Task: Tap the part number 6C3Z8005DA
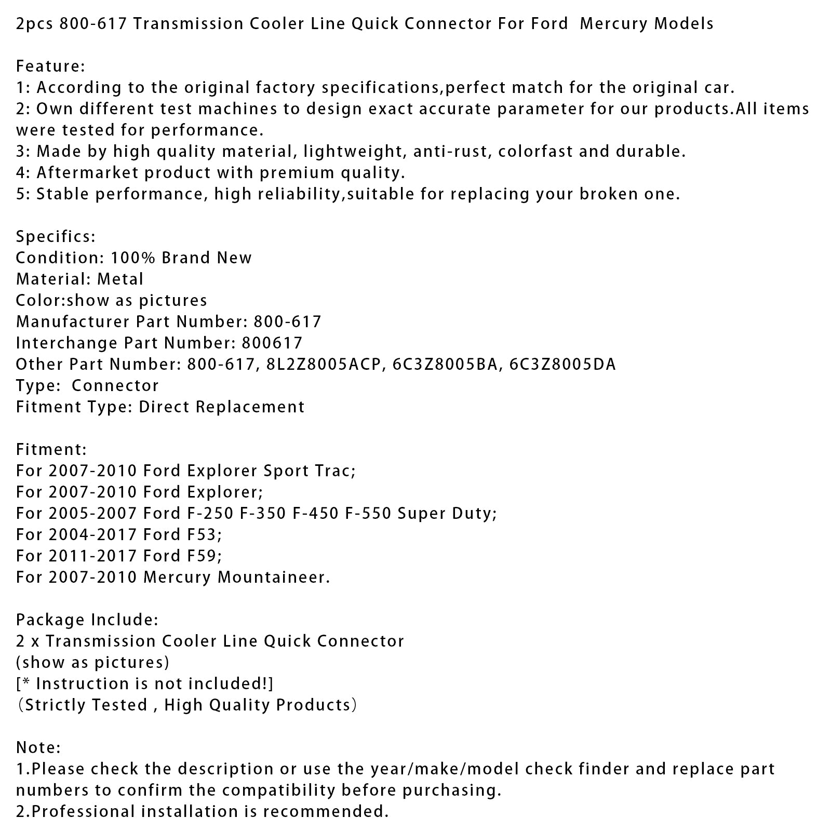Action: coord(562,364)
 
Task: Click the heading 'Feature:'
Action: coord(50,66)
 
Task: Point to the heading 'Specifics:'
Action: coord(56,236)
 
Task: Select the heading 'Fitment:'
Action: coord(51,449)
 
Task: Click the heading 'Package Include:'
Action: coord(87,620)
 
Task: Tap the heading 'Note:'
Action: coord(38,747)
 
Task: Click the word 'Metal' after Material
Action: coord(120,279)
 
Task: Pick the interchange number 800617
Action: coord(272,343)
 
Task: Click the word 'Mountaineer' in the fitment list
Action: coord(273,577)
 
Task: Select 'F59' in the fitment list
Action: coord(204,556)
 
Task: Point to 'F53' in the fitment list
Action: coord(204,534)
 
